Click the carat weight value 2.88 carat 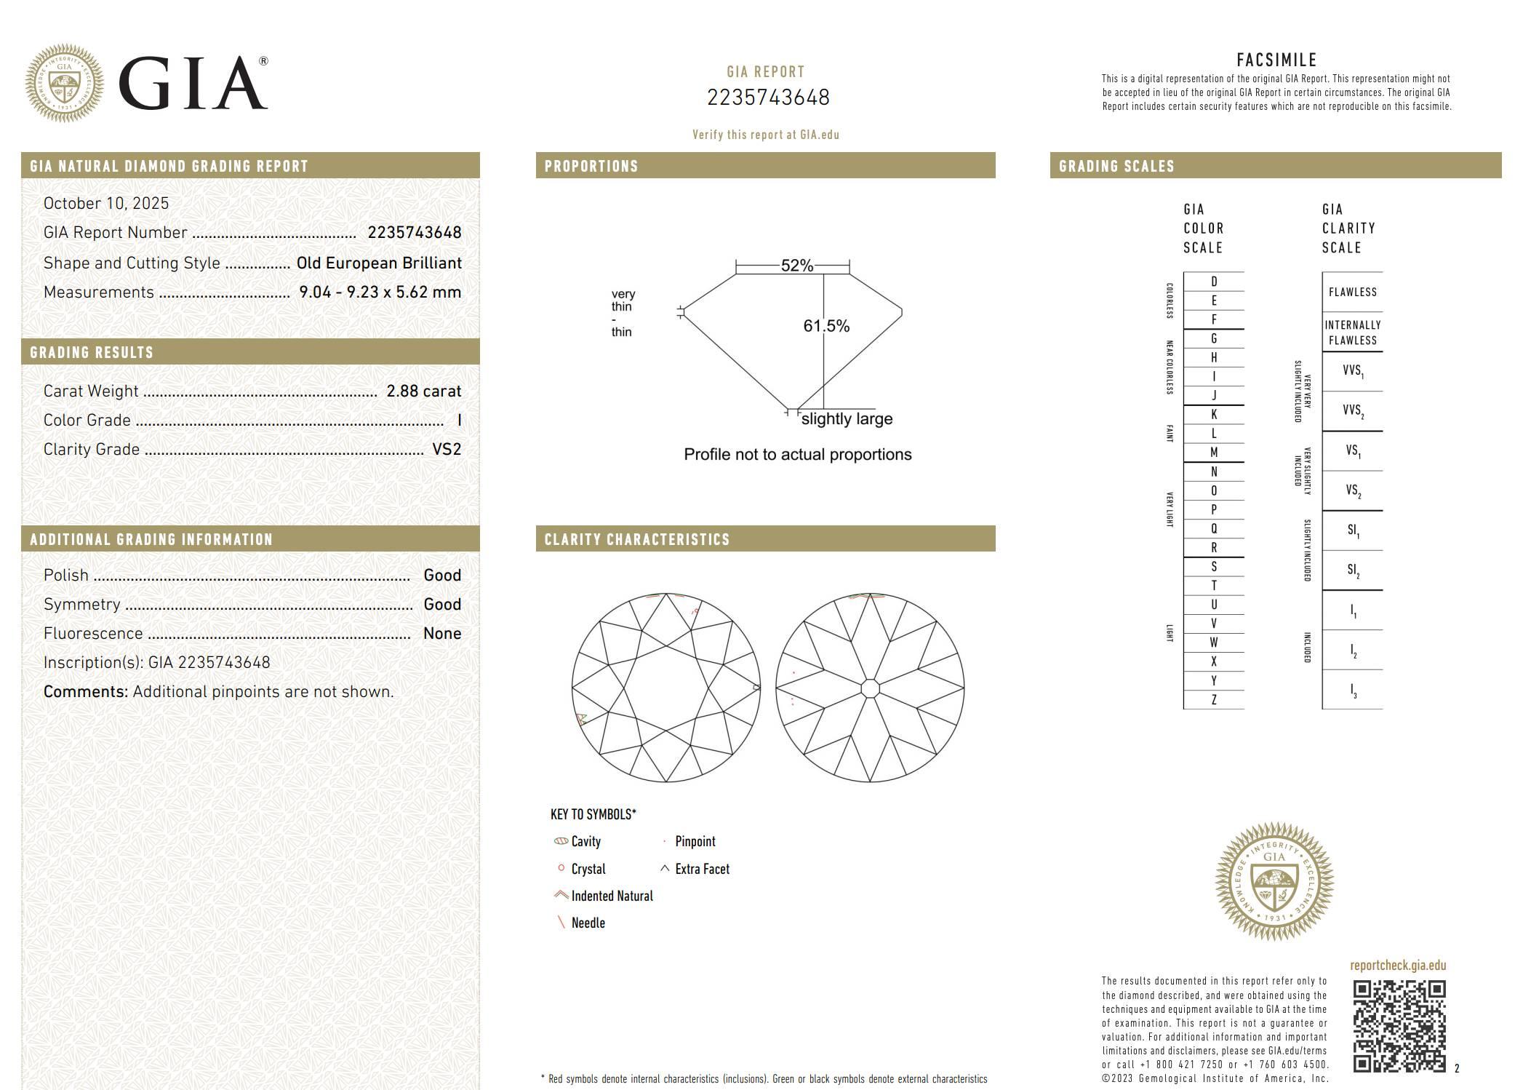click(x=423, y=391)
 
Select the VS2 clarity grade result click(x=447, y=449)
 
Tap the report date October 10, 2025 click(x=106, y=203)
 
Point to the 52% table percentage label click(x=797, y=266)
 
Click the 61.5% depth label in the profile click(x=826, y=326)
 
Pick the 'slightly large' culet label click(x=847, y=419)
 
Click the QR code click(x=1399, y=1026)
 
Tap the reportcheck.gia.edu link click(x=1398, y=966)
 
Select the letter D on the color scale click(x=1213, y=282)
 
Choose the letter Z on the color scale click(x=1213, y=700)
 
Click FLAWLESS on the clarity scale click(x=1352, y=292)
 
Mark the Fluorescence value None click(x=442, y=633)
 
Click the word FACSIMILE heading click(x=1276, y=60)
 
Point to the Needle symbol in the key click(x=561, y=923)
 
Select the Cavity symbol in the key click(x=561, y=841)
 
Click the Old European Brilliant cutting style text click(x=379, y=263)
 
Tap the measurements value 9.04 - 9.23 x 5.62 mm click(x=380, y=292)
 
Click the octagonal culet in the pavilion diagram click(x=870, y=688)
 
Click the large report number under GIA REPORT click(x=768, y=98)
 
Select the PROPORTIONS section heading click(x=591, y=166)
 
